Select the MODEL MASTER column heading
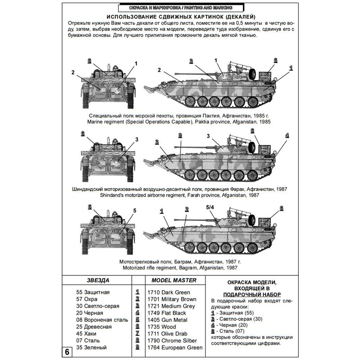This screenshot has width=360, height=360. [171, 280]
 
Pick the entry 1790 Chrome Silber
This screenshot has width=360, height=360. [173, 340]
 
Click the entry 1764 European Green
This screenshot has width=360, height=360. [175, 348]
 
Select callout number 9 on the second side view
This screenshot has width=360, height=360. [180, 135]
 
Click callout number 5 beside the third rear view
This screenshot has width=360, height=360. [134, 211]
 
